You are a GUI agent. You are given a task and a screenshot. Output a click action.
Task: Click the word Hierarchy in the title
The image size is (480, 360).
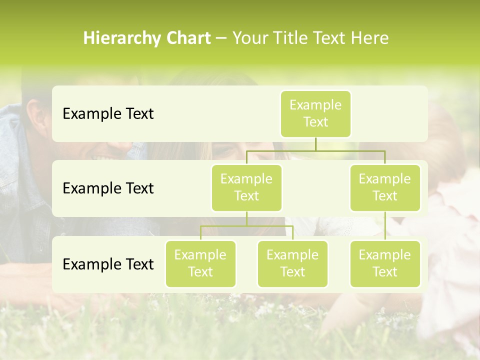point(116,38)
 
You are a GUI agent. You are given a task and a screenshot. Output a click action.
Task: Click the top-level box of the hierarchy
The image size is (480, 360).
point(315,114)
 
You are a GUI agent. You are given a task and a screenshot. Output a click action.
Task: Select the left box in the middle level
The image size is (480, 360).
point(246,188)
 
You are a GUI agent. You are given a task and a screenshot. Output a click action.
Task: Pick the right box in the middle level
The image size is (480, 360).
point(385,188)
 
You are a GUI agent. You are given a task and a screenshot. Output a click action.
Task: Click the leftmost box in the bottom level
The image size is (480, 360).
point(200,264)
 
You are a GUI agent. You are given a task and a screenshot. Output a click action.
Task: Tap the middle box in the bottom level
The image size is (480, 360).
point(292,264)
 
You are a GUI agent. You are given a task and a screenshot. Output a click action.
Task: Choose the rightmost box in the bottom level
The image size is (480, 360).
point(385,264)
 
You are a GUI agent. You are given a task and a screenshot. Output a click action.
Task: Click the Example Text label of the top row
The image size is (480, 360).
point(108,114)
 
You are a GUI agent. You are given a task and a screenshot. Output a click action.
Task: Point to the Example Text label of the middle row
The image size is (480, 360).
point(108,188)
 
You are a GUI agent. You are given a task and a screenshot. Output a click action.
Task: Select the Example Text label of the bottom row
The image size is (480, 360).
point(108,264)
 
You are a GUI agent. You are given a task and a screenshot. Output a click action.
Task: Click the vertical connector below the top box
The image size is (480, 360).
point(315,144)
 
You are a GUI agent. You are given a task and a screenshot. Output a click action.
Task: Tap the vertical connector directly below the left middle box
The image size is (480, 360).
point(246,218)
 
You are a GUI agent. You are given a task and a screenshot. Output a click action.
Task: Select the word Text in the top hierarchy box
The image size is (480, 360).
point(315,122)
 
